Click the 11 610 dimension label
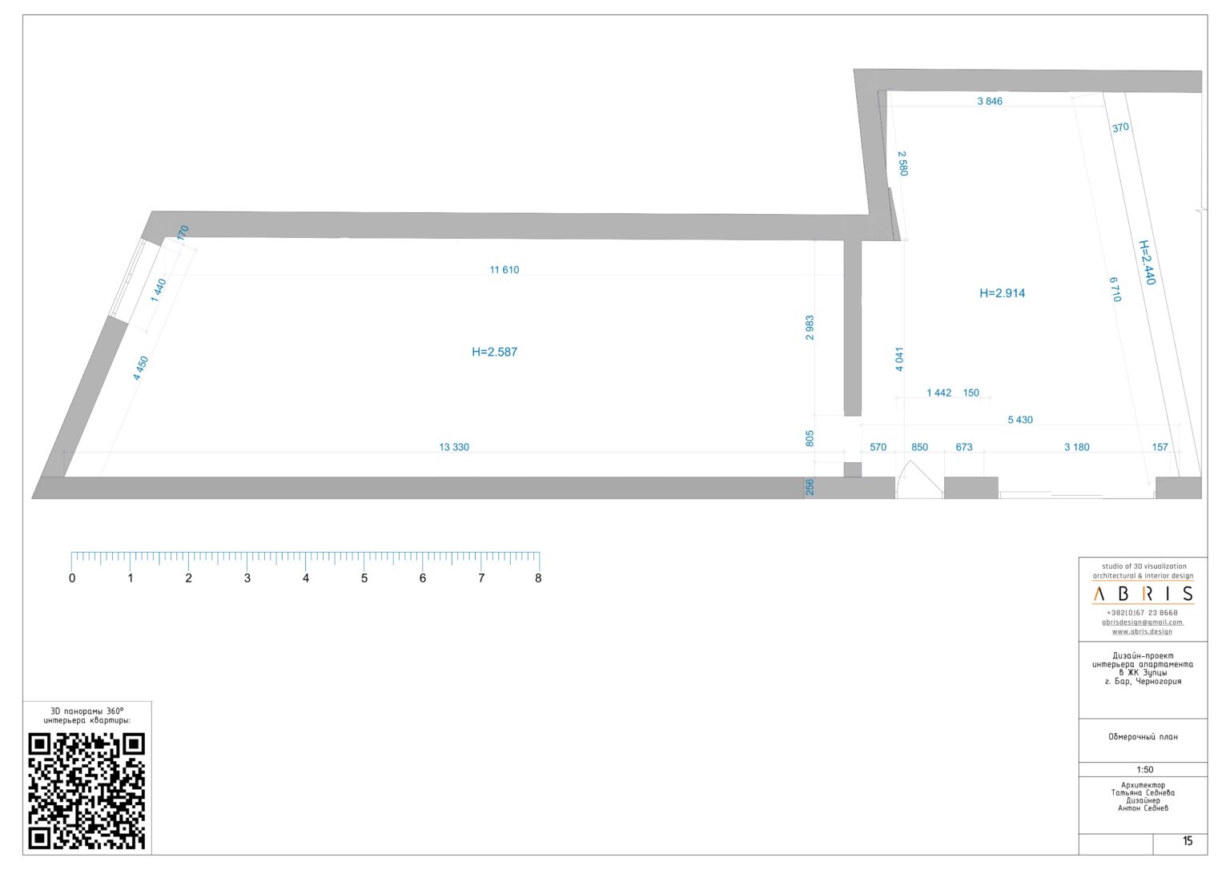504,270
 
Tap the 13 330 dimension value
454,447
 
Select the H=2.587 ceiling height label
494,352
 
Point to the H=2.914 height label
1002,293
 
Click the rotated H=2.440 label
1147,262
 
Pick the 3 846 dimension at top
990,101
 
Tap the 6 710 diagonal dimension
1115,289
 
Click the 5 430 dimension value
1019,420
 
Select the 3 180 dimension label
1076,447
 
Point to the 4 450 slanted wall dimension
141,368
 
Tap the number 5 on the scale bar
364,578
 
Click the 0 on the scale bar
72,578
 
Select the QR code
86,791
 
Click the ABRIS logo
1143,594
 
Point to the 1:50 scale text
1144,770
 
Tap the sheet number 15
1188,841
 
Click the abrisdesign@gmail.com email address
1142,622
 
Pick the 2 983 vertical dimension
810,328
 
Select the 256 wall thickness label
810,487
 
